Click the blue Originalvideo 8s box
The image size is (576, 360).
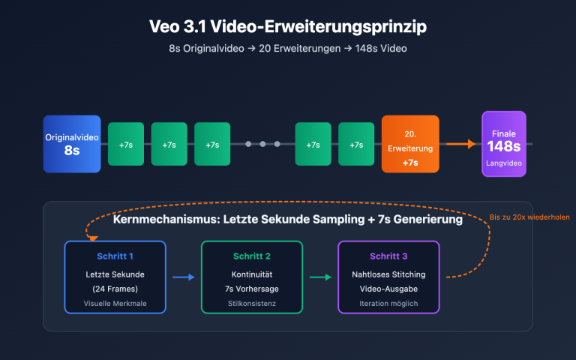tap(72, 144)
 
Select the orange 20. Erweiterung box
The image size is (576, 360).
tap(410, 144)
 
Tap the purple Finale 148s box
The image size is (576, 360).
tap(503, 144)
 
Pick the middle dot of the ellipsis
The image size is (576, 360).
tap(262, 144)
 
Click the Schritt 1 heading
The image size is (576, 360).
tap(115, 256)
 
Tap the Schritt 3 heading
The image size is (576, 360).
tap(388, 256)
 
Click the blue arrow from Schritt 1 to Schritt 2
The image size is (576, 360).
tap(184, 277)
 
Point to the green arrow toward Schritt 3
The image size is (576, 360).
tap(320, 277)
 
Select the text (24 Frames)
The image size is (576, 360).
tap(115, 289)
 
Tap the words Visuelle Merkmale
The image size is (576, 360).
tap(115, 304)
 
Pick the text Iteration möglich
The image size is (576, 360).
tap(388, 304)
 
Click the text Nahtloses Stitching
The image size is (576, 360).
tap(388, 274)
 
